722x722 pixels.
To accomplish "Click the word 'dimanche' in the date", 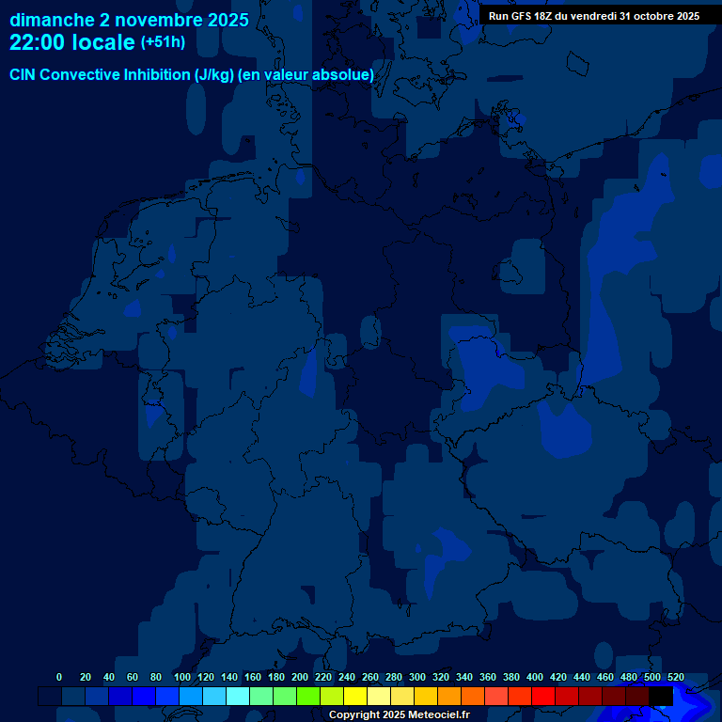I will point(52,20).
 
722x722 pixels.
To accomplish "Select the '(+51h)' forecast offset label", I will point(163,42).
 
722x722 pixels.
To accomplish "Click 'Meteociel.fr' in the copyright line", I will point(432,715).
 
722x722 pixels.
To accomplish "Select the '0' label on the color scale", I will point(59,677).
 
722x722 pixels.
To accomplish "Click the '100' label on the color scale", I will point(182,677).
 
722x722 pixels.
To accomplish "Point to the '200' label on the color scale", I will point(300,677).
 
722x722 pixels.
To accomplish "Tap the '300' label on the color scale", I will point(417,677).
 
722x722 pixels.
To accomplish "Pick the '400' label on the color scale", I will point(535,677).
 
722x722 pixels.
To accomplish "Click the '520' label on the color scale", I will point(676,677).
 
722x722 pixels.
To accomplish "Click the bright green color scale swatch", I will point(308,696).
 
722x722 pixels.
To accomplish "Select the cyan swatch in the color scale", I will point(238,696).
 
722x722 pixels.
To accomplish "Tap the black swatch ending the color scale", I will point(661,696).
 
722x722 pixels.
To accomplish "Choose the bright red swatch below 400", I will point(543,696).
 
